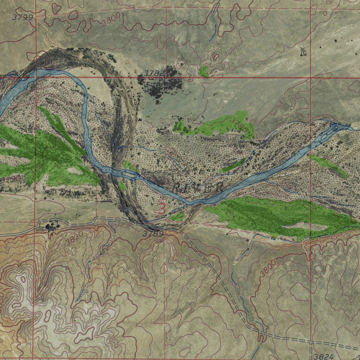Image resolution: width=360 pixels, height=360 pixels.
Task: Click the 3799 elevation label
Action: pos(22,17)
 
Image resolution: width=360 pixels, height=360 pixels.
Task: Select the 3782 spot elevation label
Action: pos(154,73)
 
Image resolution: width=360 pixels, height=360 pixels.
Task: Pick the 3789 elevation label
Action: pos(153,233)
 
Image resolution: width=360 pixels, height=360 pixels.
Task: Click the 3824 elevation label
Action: pos(324,356)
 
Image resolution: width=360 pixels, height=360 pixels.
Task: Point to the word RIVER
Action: pos(198,187)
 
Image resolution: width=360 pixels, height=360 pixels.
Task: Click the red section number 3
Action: pos(162,207)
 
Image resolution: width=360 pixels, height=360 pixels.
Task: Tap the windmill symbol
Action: pos(302,52)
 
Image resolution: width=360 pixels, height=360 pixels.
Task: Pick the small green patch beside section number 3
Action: pos(177,217)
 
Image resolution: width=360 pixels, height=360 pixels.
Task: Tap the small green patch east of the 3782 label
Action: pos(203,71)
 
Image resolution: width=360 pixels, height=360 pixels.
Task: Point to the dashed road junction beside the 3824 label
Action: pos(311,341)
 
